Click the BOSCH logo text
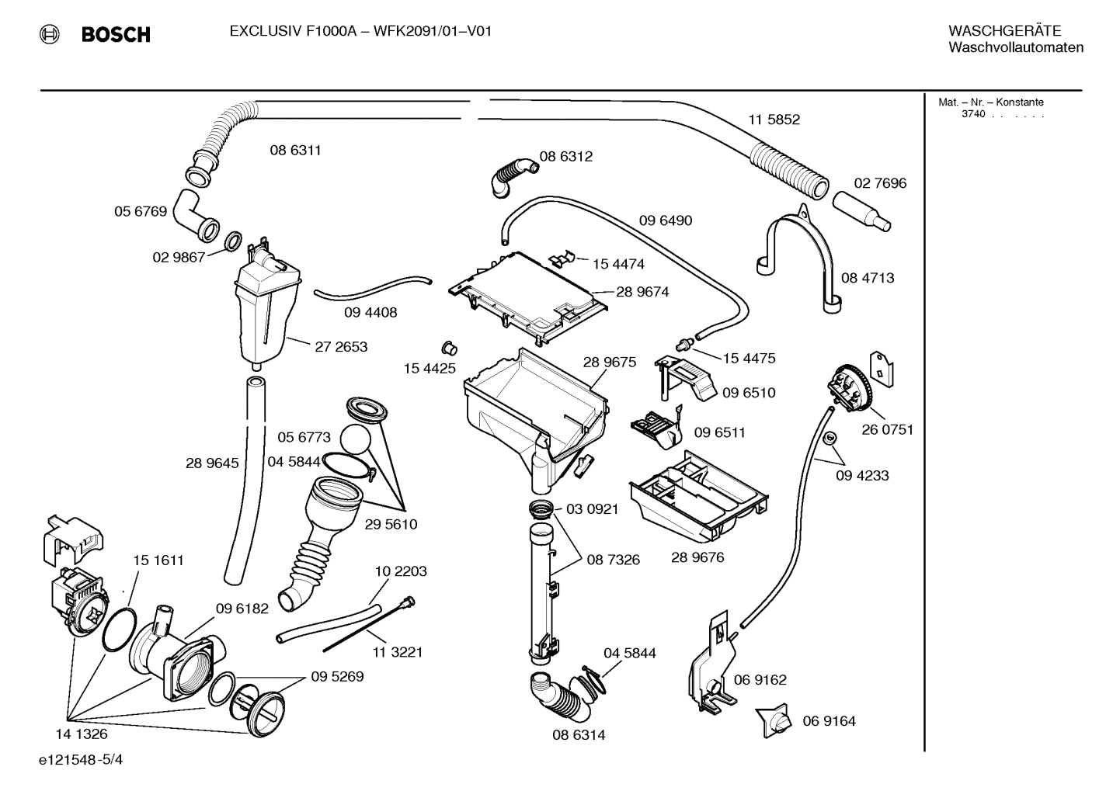coord(115,34)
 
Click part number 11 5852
coord(774,120)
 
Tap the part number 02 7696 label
coord(880,183)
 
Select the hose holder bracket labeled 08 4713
coord(800,248)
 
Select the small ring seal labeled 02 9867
coord(232,243)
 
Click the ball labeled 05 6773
coord(357,439)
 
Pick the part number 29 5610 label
coord(391,524)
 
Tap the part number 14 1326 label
coord(82,734)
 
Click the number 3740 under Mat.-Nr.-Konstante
coord(972,114)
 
